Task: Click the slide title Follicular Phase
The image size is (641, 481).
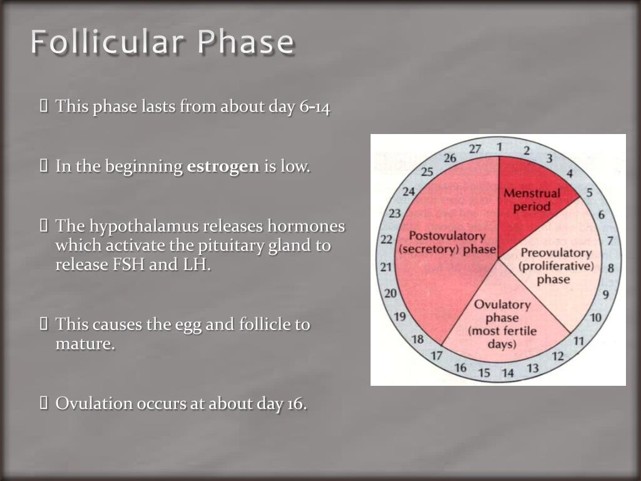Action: [163, 43]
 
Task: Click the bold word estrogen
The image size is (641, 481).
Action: [223, 167]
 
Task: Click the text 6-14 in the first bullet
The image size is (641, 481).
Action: [315, 107]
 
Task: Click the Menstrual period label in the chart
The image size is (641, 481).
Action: [531, 200]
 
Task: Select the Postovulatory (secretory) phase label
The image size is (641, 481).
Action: [447, 242]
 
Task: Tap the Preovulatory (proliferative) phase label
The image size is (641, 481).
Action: [555, 266]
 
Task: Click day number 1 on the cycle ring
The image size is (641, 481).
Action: [500, 147]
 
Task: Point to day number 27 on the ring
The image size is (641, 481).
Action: [475, 149]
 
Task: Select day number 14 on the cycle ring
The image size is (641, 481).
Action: [507, 373]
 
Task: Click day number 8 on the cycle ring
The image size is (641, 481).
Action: [611, 269]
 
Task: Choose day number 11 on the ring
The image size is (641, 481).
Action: [578, 341]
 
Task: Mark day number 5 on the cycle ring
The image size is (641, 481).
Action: [589, 193]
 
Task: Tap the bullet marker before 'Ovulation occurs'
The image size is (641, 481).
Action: [44, 403]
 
